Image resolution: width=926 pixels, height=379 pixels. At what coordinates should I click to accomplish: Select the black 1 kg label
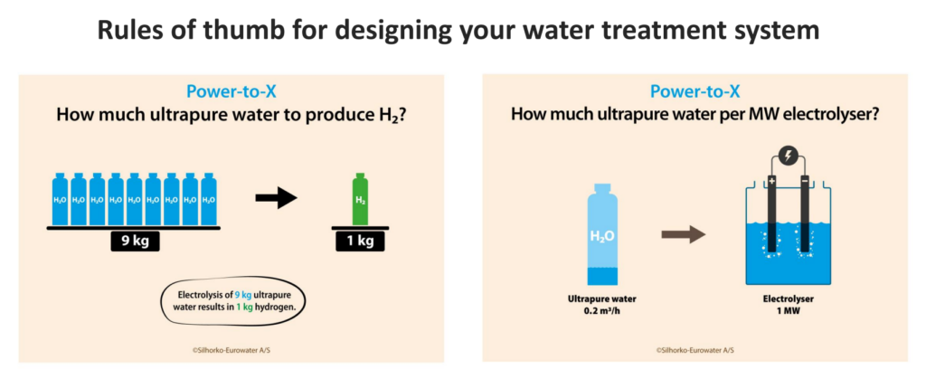coord(360,242)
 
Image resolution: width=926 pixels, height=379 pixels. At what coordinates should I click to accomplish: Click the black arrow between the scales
coord(276,199)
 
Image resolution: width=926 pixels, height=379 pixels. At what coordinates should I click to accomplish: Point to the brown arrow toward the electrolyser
coord(684,235)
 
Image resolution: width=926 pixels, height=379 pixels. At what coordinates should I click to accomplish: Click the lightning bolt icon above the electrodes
coord(789,156)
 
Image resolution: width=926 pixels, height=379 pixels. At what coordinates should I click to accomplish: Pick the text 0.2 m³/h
coord(602,310)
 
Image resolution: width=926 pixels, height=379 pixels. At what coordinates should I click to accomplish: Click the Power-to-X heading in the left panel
coord(231,91)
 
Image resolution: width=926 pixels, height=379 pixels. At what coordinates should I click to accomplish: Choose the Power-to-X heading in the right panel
coord(695,91)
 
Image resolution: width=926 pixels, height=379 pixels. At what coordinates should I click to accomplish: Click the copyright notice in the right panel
coord(695,350)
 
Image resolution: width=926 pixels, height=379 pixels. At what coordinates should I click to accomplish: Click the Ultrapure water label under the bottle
coord(601,298)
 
